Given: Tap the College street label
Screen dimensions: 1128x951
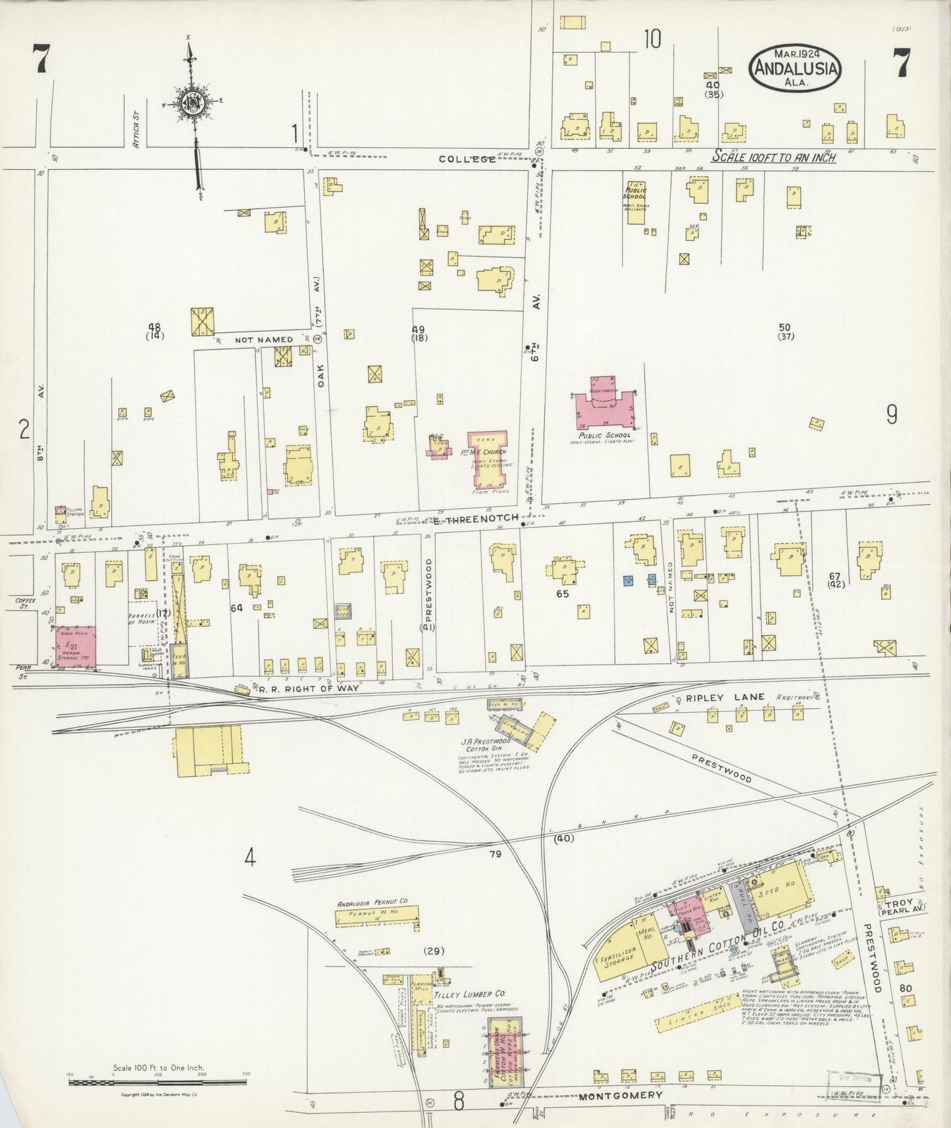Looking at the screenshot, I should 467,159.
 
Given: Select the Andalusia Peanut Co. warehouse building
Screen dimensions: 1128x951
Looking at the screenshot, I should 377,916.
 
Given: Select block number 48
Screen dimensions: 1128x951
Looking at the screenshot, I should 155,327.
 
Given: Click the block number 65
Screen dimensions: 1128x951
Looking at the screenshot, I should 562,593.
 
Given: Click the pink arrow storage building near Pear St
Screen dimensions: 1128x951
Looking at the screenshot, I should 76,646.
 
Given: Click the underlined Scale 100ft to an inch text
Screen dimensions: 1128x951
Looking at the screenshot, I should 775,157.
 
